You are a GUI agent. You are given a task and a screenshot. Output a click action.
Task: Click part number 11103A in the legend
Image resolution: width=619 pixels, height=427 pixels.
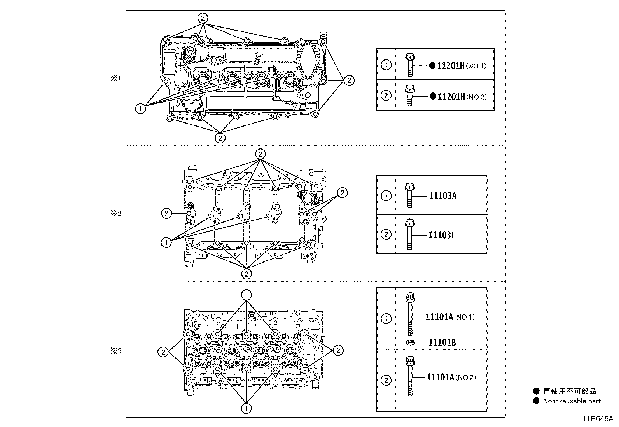tap(442, 195)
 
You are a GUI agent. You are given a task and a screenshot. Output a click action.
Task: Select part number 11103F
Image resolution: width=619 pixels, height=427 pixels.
tap(442, 235)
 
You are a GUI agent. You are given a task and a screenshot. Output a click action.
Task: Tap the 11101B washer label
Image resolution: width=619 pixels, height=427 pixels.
tap(442, 342)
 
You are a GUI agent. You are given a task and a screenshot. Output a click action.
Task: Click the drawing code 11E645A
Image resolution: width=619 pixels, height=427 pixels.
tap(597, 419)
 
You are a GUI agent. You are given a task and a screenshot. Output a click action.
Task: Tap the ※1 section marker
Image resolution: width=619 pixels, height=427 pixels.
tap(116, 78)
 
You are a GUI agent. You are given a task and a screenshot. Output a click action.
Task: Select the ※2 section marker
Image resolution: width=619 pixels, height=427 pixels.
tap(116, 213)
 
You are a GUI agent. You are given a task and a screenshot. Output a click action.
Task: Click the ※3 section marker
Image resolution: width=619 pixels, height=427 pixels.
tap(116, 351)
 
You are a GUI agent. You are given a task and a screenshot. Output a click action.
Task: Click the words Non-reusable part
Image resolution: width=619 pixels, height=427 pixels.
tap(572, 401)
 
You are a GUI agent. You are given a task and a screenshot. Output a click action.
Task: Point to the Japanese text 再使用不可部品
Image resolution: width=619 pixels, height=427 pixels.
tap(569, 391)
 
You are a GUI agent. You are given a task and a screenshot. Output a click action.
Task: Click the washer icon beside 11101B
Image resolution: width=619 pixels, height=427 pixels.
tap(409, 342)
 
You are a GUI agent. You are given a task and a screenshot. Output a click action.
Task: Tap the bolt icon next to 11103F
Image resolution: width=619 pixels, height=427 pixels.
tap(409, 234)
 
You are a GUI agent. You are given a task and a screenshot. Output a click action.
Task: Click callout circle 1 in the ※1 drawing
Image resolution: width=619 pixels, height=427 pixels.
tap(140, 108)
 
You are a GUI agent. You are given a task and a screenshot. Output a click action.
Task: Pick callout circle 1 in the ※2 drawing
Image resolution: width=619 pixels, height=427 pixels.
tap(166, 242)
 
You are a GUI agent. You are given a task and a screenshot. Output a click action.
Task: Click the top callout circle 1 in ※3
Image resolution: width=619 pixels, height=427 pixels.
tap(247, 295)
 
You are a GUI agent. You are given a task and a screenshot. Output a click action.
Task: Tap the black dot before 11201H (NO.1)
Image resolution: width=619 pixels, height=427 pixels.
tap(432, 66)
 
